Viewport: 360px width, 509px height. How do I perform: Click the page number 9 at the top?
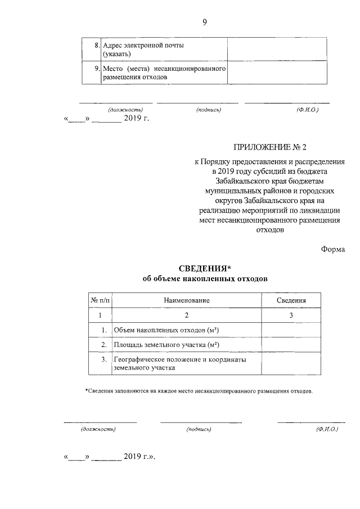(205, 22)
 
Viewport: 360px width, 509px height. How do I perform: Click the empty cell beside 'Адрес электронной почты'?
(278, 49)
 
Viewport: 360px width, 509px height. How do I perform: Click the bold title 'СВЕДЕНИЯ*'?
(204, 267)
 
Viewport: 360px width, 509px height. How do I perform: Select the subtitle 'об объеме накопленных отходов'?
(205, 278)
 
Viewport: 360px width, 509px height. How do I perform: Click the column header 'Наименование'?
(187, 301)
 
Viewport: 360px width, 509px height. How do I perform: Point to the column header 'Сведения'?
(291, 301)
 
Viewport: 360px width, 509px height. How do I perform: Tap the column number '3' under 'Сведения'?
(291, 316)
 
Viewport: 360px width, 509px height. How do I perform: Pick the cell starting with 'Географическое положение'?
(180, 363)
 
